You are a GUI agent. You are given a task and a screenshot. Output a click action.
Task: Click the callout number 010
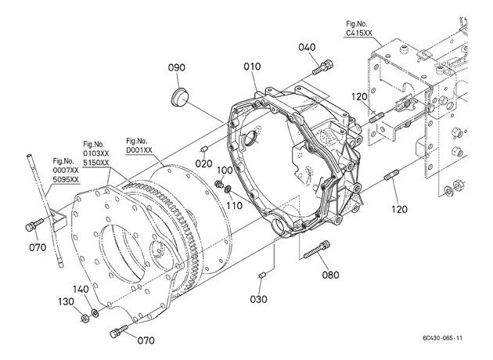tap(252, 67)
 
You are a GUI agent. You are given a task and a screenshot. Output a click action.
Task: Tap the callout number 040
tap(307, 47)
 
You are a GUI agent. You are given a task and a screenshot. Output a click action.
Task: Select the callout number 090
tap(176, 67)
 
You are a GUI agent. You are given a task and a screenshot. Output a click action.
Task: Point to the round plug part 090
tap(179, 96)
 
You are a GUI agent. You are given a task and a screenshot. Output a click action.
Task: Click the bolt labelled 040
tap(323, 67)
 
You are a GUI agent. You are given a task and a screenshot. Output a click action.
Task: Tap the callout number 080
tap(330, 275)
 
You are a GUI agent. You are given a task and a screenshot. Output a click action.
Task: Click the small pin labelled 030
tap(262, 275)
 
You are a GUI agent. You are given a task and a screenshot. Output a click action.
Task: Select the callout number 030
tap(258, 299)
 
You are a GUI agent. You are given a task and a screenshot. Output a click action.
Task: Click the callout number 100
tap(225, 171)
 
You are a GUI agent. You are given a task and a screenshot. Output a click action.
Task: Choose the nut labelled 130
tap(84, 319)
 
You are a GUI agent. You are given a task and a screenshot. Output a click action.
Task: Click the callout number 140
tap(81, 290)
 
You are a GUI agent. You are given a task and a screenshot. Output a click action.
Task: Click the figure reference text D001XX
tap(139, 150)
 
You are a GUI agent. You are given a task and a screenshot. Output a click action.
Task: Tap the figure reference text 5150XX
tap(96, 163)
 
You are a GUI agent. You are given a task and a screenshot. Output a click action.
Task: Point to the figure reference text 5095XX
tap(66, 179)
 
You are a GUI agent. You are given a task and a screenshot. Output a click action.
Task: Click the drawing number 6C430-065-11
tap(443, 338)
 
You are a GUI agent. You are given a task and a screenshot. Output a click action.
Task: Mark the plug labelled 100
tap(219, 183)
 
